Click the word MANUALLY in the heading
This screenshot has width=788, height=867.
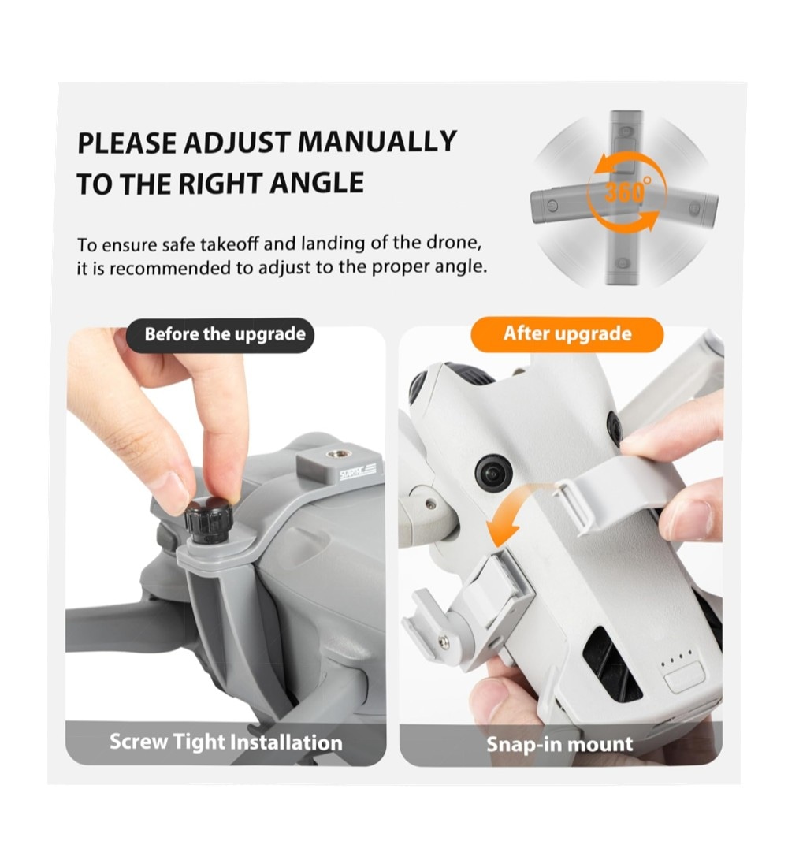coord(377,142)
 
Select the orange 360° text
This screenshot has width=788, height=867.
coord(627,192)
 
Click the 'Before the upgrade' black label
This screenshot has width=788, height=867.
coord(220,334)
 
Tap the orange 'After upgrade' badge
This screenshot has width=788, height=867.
coord(567,334)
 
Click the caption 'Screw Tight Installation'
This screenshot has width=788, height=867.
coord(225,742)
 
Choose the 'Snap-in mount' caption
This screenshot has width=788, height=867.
coord(559,744)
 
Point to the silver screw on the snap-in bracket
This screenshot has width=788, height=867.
coord(444,641)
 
